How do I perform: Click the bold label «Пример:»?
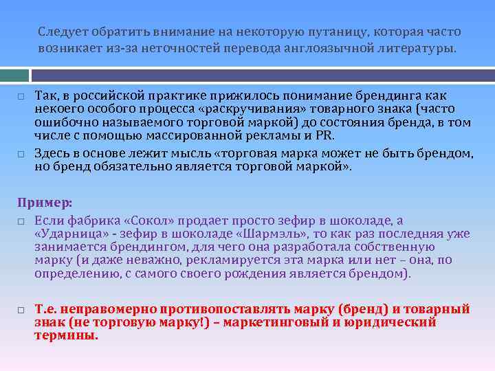[x=45, y=203]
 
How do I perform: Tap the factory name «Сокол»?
[x=151, y=221]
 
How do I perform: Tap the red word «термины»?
[x=65, y=336]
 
